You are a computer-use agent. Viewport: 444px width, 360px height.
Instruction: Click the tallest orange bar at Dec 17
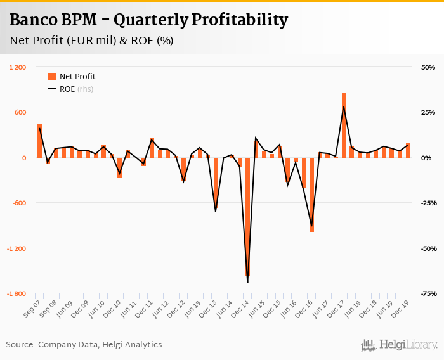click(x=344, y=125)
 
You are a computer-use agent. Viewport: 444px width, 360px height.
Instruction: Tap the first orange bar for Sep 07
click(x=39, y=141)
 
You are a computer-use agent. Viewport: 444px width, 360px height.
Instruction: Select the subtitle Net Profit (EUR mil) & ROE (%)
click(x=91, y=41)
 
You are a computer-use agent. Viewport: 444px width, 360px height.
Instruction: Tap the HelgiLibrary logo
click(x=399, y=345)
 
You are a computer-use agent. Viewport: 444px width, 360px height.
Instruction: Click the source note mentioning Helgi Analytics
click(x=84, y=345)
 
